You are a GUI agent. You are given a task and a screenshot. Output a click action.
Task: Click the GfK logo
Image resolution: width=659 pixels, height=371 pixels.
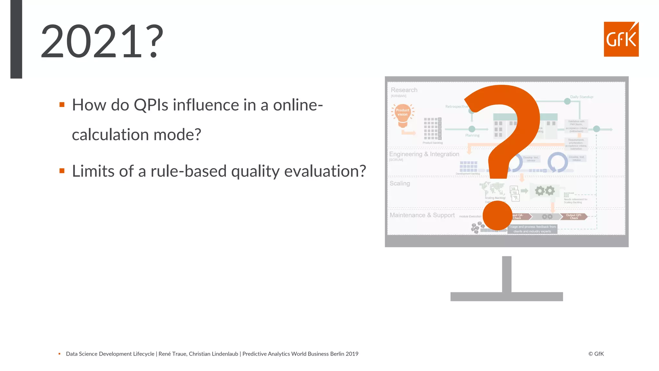click(621, 39)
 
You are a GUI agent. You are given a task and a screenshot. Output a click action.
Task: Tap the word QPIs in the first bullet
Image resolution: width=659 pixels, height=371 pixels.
click(151, 105)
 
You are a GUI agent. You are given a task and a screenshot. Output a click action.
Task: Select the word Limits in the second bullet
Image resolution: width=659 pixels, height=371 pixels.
click(93, 171)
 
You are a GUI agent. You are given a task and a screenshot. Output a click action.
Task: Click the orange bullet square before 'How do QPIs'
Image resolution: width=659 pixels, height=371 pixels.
click(62, 105)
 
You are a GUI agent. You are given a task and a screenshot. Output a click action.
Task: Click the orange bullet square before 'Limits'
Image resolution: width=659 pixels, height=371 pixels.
click(62, 171)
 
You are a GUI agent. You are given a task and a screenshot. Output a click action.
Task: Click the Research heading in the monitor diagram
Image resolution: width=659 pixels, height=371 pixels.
click(404, 90)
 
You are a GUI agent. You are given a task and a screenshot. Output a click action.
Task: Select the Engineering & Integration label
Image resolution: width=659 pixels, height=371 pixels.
click(424, 154)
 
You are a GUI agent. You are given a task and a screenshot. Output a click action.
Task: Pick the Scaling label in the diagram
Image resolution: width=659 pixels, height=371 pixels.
click(400, 183)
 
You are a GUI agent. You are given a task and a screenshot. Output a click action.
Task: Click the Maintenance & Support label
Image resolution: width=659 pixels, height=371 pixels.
click(422, 215)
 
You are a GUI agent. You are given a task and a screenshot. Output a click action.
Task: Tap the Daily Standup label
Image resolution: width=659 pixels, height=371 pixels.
click(581, 97)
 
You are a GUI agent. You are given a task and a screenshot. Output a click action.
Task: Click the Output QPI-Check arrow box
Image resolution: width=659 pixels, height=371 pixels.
click(574, 216)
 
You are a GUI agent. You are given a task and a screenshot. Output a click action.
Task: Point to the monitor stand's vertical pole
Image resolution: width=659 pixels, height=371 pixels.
click(506, 274)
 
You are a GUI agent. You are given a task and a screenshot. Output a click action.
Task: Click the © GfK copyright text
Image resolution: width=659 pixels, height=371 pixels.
click(596, 354)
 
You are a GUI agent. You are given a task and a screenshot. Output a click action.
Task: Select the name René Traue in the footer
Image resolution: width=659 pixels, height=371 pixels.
click(172, 354)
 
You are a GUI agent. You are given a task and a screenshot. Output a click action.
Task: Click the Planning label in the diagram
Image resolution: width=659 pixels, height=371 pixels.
click(472, 135)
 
